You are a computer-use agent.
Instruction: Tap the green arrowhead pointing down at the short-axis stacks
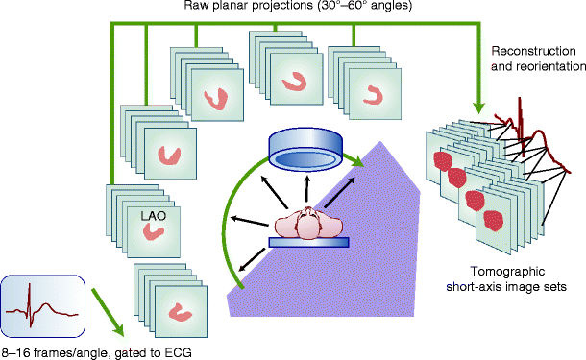tap(477, 99)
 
